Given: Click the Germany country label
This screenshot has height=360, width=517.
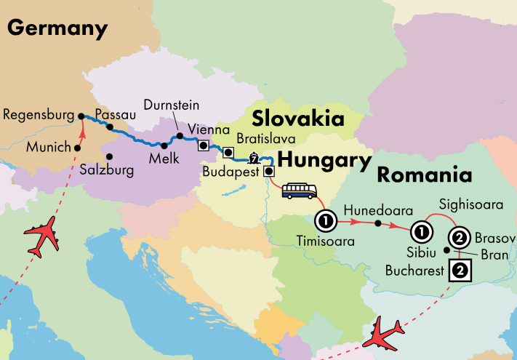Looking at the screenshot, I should [57, 28].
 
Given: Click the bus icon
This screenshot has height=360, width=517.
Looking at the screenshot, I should [299, 191].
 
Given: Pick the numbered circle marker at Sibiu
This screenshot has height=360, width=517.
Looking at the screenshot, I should [420, 233].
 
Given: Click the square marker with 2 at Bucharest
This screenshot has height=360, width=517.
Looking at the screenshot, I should [460, 271].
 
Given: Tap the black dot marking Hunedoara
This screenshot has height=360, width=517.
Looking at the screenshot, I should [377, 223].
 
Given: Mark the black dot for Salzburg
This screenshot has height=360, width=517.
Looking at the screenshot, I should [109, 156].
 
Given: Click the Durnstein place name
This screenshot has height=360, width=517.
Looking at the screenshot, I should [172, 105].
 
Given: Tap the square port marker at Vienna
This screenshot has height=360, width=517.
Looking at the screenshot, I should [204, 145].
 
